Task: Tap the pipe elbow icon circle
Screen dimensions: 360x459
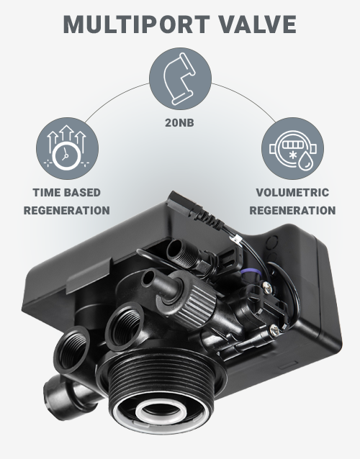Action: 180,78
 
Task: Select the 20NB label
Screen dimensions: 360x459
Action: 179,122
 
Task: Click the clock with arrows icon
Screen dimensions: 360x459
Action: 68,148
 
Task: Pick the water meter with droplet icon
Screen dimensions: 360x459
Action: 292,148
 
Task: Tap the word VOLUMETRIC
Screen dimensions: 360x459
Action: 292,193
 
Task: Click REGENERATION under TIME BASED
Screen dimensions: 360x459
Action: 67,211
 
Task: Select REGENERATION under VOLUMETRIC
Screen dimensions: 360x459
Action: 292,211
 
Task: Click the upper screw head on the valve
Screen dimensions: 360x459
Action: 267,288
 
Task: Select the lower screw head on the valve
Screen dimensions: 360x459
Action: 274,330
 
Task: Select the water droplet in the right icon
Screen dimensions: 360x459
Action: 306,160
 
